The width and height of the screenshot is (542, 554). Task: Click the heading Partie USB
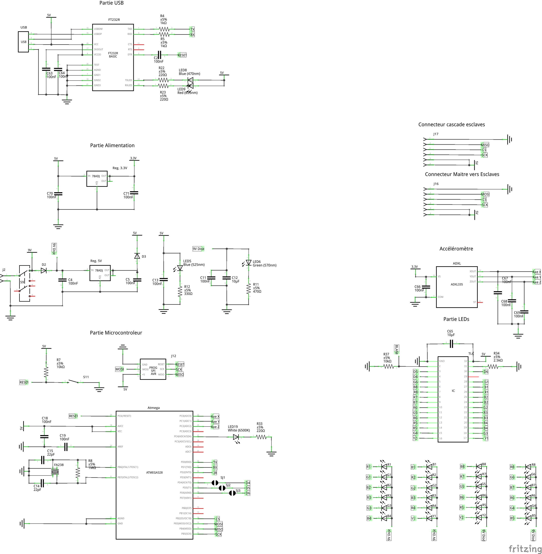pyautogui.click(x=111, y=3)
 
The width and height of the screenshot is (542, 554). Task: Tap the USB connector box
pyautogui.click(x=23, y=42)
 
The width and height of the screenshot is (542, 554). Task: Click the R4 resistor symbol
pyautogui.click(x=164, y=29)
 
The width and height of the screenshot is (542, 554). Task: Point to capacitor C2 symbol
pyautogui.click(x=159, y=55)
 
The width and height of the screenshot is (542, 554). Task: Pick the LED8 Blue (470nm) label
pyautogui.click(x=189, y=72)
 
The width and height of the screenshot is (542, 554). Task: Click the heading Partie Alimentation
pyautogui.click(x=112, y=146)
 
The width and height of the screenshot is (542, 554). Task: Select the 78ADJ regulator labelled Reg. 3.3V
pyautogui.click(x=97, y=179)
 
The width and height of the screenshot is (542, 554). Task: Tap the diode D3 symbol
pyautogui.click(x=137, y=256)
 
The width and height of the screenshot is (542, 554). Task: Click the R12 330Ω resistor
pyautogui.click(x=180, y=291)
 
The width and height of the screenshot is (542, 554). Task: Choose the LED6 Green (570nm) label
pyautogui.click(x=264, y=263)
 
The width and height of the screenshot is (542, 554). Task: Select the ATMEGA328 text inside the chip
pyautogui.click(x=154, y=472)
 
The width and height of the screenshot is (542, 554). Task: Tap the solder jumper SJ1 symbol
pyautogui.click(x=215, y=483)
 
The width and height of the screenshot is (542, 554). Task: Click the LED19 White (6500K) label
pyautogui.click(x=239, y=428)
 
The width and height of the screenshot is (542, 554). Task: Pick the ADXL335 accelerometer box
pyautogui.click(x=457, y=287)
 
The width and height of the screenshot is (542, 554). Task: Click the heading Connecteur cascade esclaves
pyautogui.click(x=452, y=124)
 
